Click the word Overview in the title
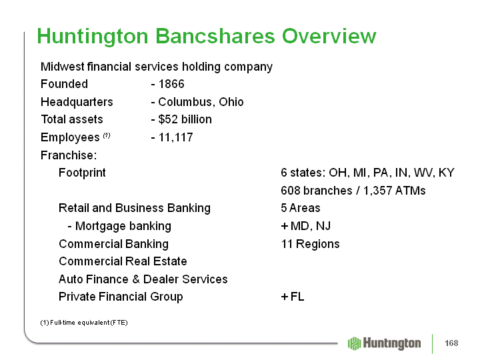click(329, 36)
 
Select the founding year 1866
click(171, 84)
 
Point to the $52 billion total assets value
click(185, 119)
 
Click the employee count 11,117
click(176, 137)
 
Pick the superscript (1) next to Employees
click(107, 135)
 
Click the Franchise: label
click(69, 155)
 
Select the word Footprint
click(82, 173)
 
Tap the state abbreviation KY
click(446, 173)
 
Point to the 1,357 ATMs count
click(394, 191)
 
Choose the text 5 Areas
click(301, 208)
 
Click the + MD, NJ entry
click(305, 226)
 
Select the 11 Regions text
click(311, 244)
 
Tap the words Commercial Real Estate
click(123, 261)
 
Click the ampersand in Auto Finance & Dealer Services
click(136, 279)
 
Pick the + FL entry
click(293, 297)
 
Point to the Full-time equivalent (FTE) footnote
click(84, 323)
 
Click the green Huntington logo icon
click(355, 343)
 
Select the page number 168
click(451, 343)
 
